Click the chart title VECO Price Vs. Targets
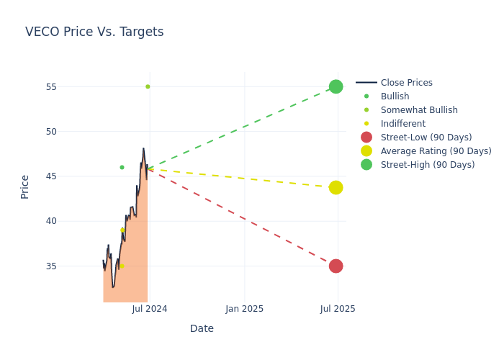coord(94,32)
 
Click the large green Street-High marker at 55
coord(336,86)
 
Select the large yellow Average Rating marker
coord(336,187)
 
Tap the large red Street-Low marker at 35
coord(336,266)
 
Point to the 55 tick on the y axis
coord(71,87)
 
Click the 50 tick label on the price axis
coord(71,132)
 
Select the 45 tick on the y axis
coord(71,176)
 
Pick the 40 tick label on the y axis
coord(71,221)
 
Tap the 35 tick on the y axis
coord(71,266)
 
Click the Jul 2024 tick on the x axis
coord(150,309)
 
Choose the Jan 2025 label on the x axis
coord(244,309)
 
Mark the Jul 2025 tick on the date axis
coord(338,309)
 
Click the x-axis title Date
coord(202,328)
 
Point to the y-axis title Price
coord(25,186)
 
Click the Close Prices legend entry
coord(406,83)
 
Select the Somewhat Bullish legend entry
coord(419,110)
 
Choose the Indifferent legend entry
coord(402,124)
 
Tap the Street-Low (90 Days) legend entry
coord(426,138)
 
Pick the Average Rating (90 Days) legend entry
coord(436,151)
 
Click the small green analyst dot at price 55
coord(148,86)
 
